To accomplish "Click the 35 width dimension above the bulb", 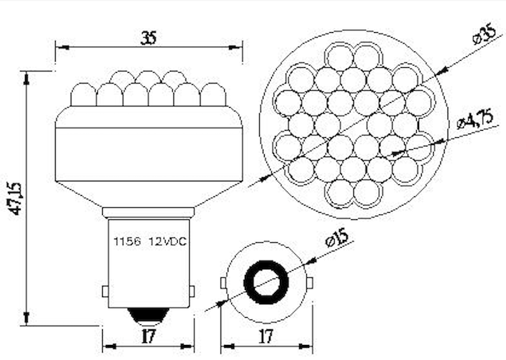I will pos(148,38).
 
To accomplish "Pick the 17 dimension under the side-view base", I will pos(148,336).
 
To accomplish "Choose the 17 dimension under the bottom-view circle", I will pos(266,336).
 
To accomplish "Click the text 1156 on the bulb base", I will pos(124,241).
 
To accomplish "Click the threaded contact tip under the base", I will pos(148,315).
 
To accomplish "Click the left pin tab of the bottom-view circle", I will pos(223,283).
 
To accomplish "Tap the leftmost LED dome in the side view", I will pos(85,94).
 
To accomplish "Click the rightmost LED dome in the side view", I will pos(212,94).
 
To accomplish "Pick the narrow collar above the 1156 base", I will pos(148,213).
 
